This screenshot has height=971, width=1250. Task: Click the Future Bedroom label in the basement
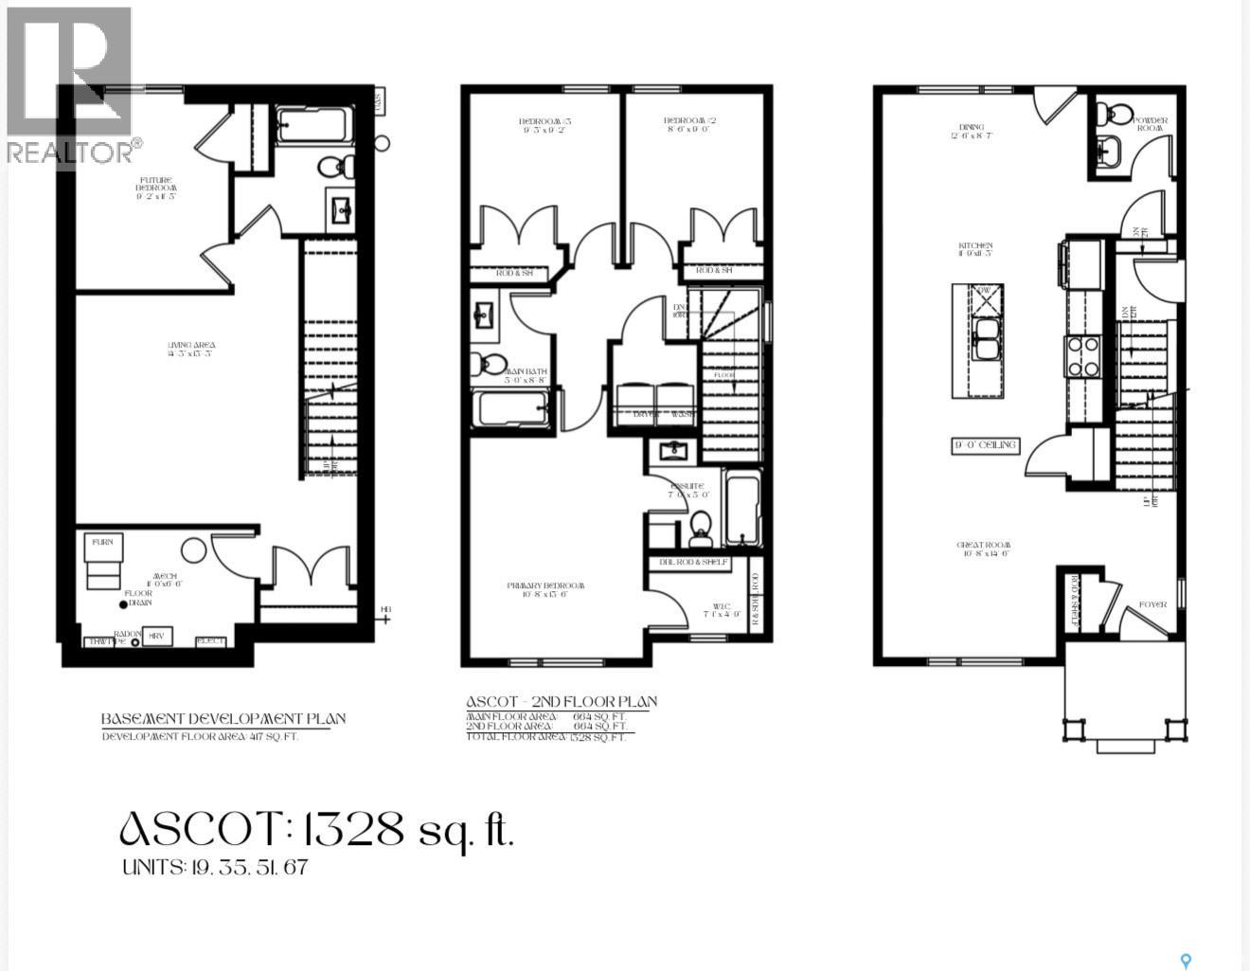(156, 187)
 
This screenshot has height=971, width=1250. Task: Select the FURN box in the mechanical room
(101, 542)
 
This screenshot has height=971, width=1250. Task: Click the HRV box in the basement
(156, 637)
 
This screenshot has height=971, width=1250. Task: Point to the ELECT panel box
(210, 641)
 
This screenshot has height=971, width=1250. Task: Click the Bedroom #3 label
(545, 126)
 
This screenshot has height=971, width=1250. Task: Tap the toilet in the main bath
(489, 362)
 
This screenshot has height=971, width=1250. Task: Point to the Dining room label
(972, 131)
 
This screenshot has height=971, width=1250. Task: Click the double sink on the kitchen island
(986, 339)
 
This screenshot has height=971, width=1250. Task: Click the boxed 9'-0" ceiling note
(985, 445)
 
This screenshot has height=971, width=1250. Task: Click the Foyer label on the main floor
(1152, 604)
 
